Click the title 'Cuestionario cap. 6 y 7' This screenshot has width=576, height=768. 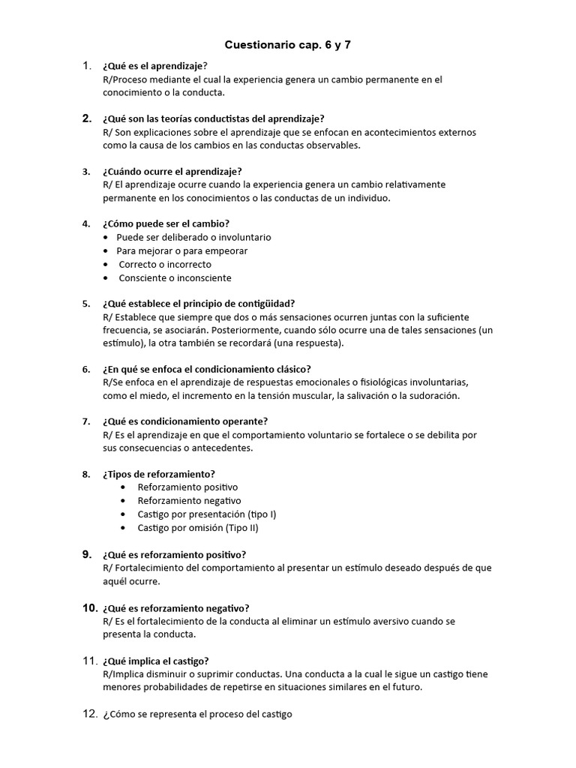point(288,45)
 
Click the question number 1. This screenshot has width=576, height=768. point(87,66)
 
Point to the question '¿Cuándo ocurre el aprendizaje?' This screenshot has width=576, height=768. point(172,172)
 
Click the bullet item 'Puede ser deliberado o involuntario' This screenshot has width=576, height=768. point(193,237)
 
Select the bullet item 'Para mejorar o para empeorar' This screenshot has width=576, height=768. point(181,250)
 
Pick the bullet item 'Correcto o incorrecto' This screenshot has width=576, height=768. point(165,264)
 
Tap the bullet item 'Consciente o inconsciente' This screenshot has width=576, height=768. point(175,277)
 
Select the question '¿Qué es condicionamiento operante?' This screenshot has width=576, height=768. point(185,421)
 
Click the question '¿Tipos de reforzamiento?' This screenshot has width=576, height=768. point(158,474)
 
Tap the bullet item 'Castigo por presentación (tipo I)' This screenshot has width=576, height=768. point(207,514)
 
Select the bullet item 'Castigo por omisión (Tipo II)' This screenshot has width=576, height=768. point(198,528)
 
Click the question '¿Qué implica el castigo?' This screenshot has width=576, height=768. point(155,661)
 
